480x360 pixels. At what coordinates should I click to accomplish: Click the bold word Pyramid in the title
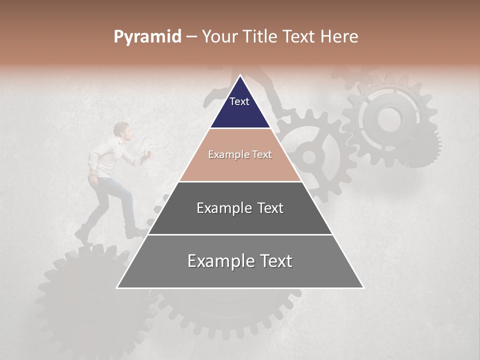pyautogui.click(x=147, y=37)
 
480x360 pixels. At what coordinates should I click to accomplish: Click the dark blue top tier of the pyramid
pyautogui.click(x=240, y=107)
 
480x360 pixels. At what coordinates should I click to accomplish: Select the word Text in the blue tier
pyautogui.click(x=239, y=101)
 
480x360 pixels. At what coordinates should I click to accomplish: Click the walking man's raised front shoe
pyautogui.click(x=135, y=232)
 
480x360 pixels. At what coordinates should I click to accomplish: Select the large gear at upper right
pyautogui.click(x=389, y=120)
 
